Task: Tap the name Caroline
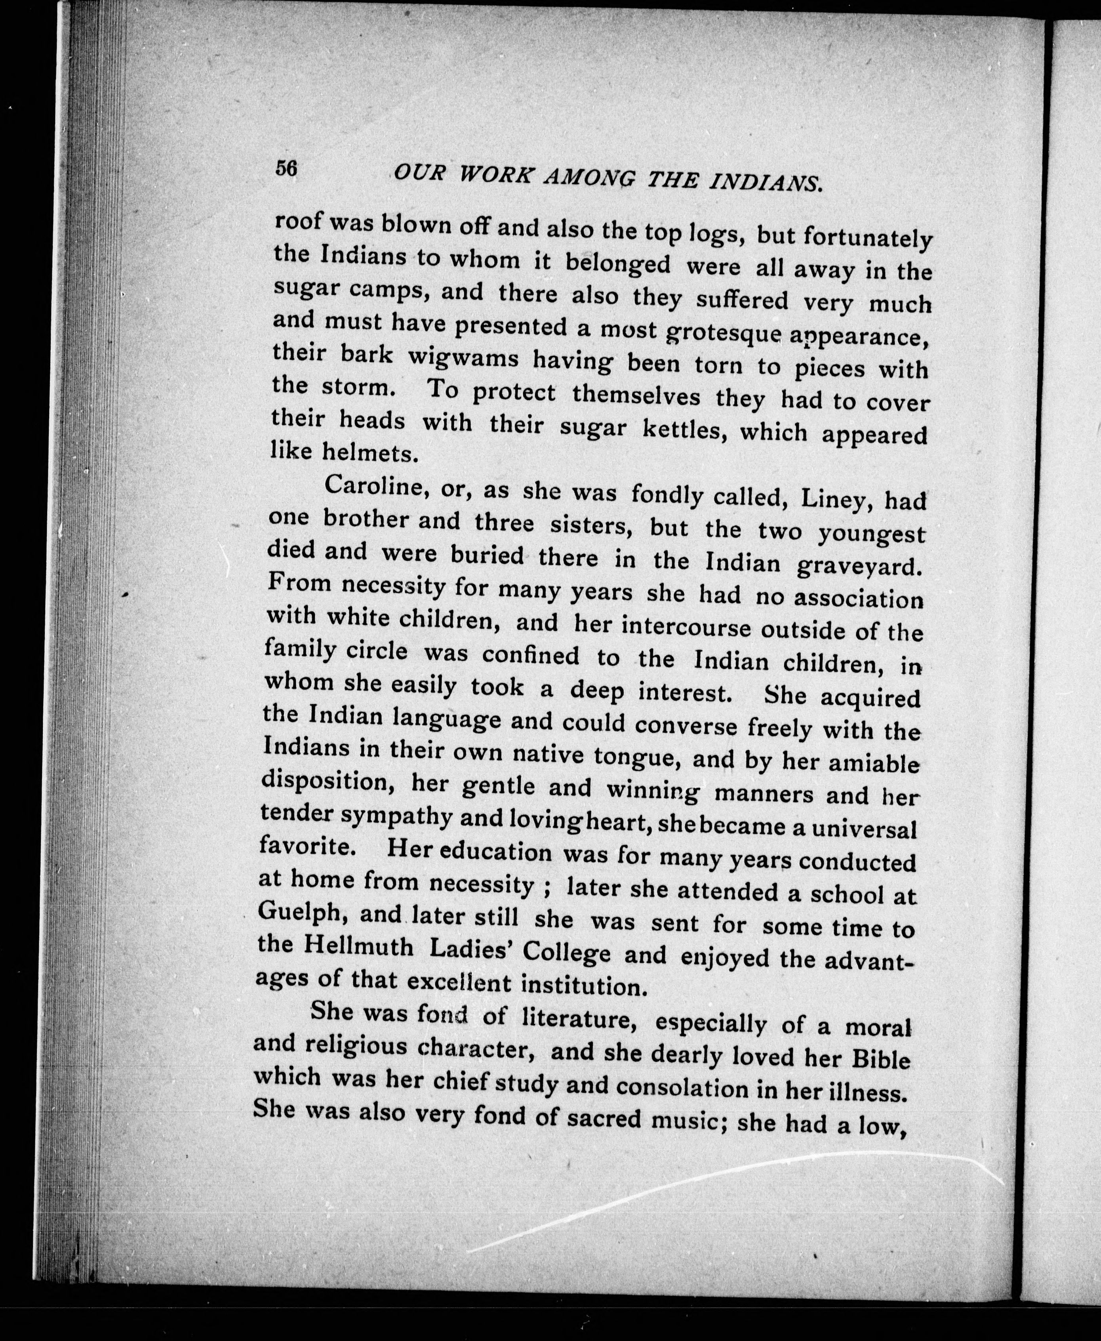(x=369, y=487)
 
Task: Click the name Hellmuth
(x=359, y=947)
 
